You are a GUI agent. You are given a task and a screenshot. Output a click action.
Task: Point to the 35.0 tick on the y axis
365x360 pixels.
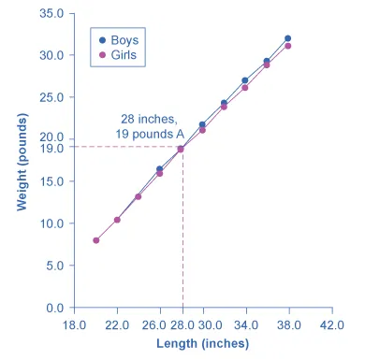click(51, 14)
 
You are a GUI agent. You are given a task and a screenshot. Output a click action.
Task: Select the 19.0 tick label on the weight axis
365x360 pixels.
click(51, 148)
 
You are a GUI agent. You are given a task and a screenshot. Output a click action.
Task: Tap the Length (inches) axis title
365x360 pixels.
click(203, 344)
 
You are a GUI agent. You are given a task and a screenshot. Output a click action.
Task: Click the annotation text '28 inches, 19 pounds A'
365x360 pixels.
click(150, 126)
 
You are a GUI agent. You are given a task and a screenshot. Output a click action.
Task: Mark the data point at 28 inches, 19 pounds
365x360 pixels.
click(182, 149)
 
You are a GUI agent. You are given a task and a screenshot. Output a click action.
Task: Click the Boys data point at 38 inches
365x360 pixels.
click(288, 38)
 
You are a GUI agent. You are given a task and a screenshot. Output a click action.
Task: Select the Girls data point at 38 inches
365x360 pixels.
click(288, 46)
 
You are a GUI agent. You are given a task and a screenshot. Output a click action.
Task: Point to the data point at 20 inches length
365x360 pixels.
click(95, 240)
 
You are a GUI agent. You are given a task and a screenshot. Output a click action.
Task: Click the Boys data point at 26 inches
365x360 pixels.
click(160, 169)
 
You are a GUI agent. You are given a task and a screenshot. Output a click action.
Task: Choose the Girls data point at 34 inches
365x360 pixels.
click(245, 88)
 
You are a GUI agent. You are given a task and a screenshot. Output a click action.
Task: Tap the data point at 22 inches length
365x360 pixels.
click(117, 220)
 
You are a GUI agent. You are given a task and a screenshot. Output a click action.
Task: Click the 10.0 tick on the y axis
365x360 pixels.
click(51, 223)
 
